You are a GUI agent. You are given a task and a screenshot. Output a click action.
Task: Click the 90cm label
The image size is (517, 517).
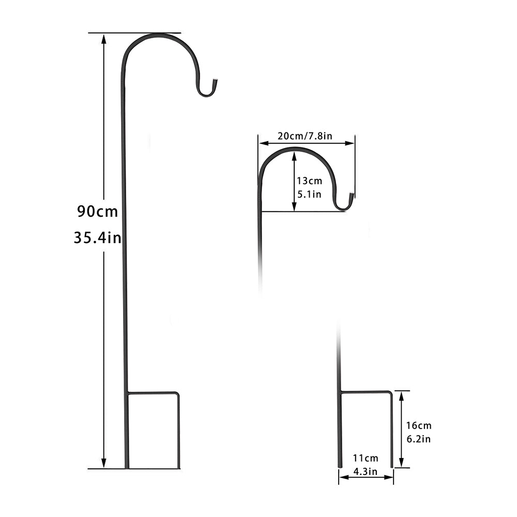coord(97,211)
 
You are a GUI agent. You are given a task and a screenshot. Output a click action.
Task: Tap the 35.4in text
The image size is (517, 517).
coord(97,238)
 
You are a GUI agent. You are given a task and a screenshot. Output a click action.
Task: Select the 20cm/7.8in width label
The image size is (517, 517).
coord(305,136)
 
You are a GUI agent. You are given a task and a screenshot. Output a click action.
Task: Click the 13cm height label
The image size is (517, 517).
coord(309,181)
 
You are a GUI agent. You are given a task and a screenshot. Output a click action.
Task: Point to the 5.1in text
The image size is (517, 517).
coord(309,195)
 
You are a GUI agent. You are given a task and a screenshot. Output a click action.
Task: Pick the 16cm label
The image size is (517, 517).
coord(418,425)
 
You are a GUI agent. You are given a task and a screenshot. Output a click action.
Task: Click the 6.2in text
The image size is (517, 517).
coord(418,439)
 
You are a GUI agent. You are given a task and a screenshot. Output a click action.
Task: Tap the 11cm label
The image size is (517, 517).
coord(366,458)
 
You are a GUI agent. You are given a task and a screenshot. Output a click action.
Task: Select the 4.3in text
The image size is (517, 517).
coord(366,471)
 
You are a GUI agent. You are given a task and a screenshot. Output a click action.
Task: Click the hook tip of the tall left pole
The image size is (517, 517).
coord(216,81)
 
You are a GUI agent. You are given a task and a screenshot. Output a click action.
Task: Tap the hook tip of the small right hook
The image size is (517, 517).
coord(352,195)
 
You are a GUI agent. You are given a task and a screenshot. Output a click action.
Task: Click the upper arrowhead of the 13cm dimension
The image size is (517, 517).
coord(294,154)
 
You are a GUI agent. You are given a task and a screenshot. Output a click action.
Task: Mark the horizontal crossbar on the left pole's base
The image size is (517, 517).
coord(153,393)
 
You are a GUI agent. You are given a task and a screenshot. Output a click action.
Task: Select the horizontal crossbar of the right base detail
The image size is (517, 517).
coord(366,392)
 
